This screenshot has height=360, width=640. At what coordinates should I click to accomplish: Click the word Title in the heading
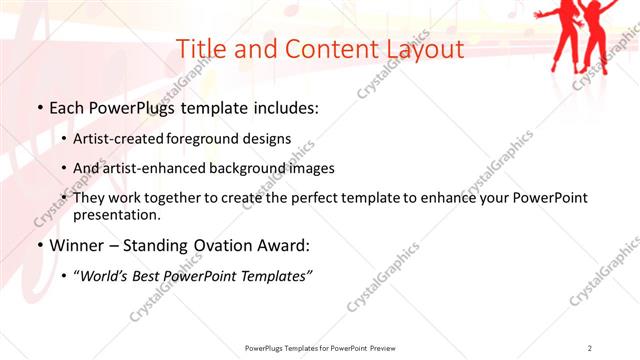pyautogui.click(x=202, y=49)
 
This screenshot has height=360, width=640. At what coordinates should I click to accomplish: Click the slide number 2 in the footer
pyautogui.click(x=590, y=348)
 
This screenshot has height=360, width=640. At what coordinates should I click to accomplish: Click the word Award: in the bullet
pyautogui.click(x=281, y=245)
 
